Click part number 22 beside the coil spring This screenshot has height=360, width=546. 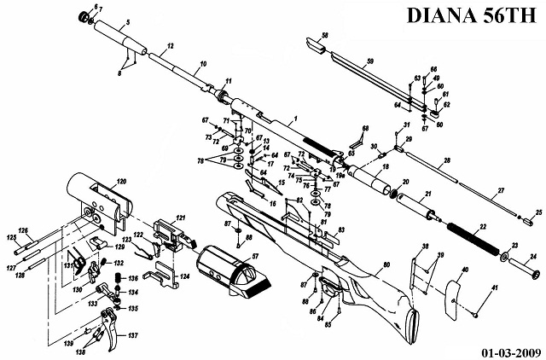point(484,228)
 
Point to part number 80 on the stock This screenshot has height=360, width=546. point(386,265)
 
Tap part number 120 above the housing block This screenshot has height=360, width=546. point(121,182)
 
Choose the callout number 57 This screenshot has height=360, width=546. point(253,256)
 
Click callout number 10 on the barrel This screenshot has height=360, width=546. point(202,64)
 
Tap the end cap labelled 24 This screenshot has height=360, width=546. point(537,273)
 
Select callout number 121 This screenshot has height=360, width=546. point(181,218)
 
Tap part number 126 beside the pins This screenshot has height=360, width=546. point(24,231)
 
